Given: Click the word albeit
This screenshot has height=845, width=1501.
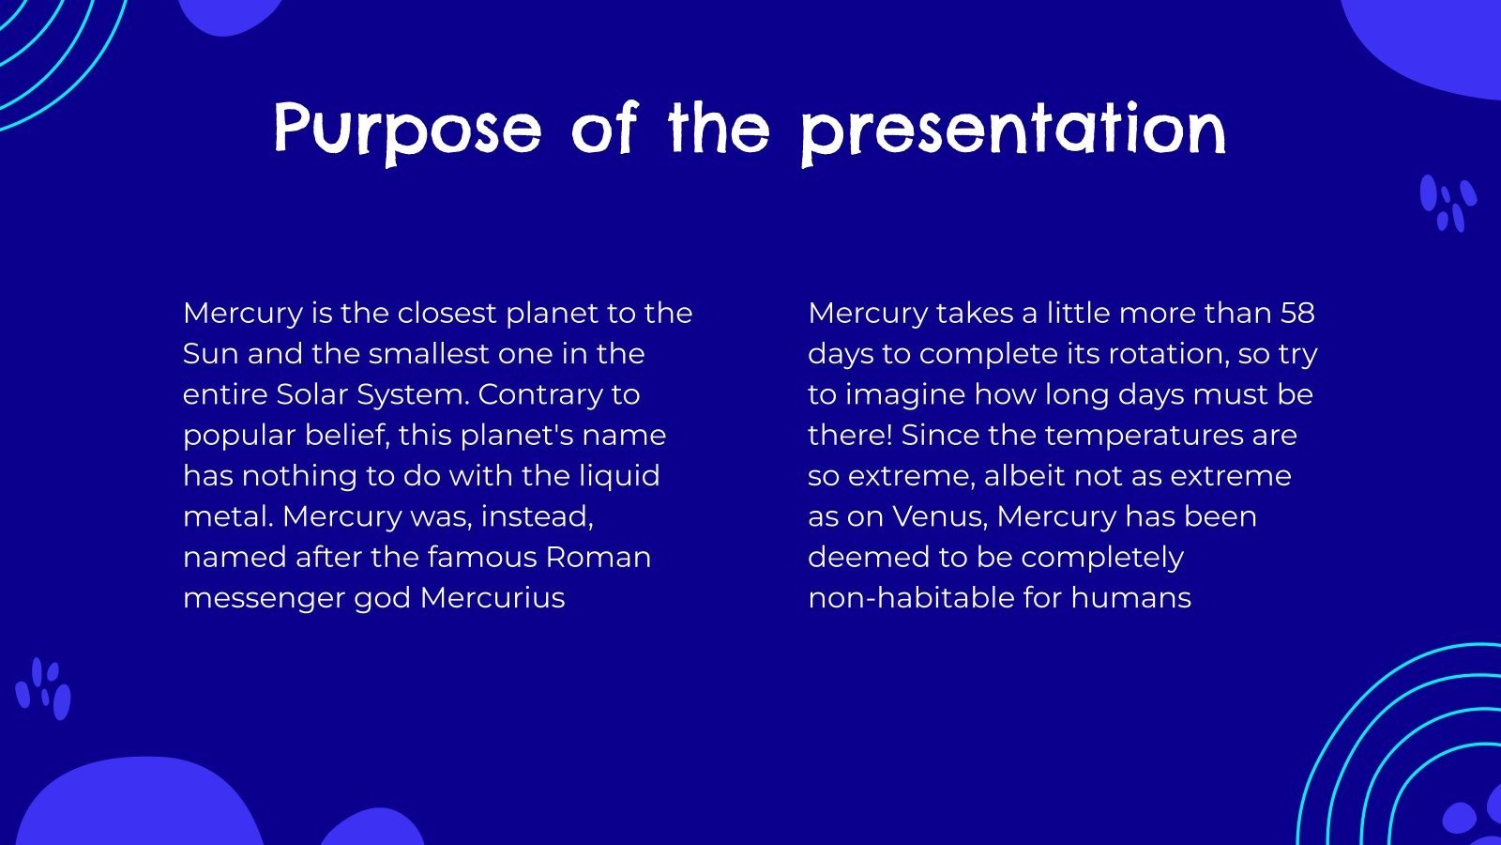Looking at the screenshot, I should (1024, 476).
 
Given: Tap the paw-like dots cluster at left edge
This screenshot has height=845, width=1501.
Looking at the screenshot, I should (43, 690).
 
